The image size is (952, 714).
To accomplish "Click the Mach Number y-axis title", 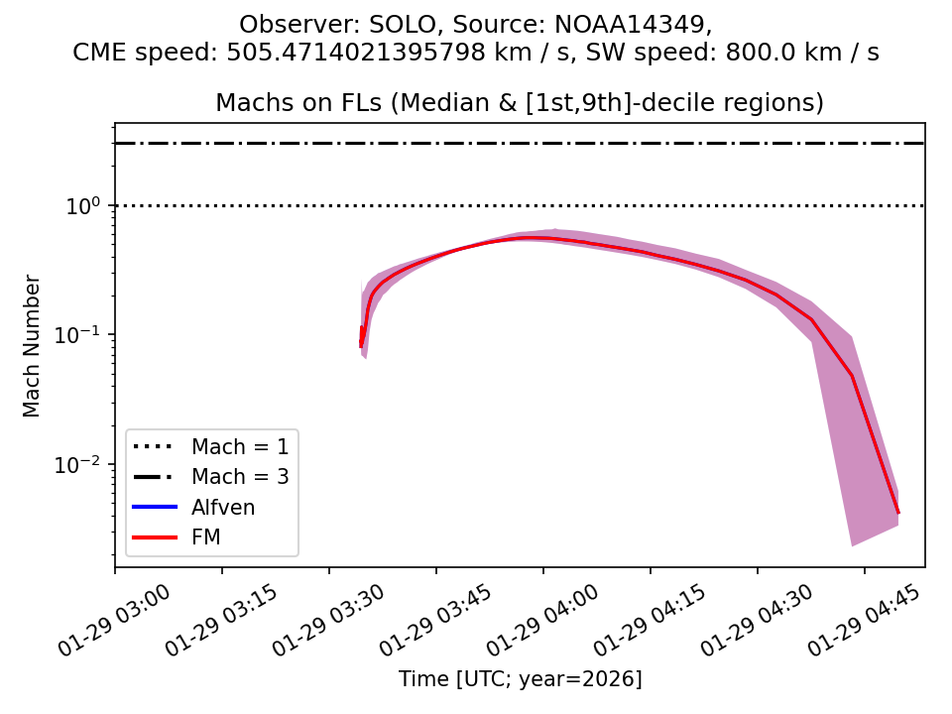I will [x=33, y=346].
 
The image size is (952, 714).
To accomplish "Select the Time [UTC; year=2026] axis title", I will [x=520, y=679].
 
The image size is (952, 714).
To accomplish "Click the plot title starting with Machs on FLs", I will [x=520, y=103].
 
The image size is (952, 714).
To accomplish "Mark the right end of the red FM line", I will [x=898, y=513].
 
